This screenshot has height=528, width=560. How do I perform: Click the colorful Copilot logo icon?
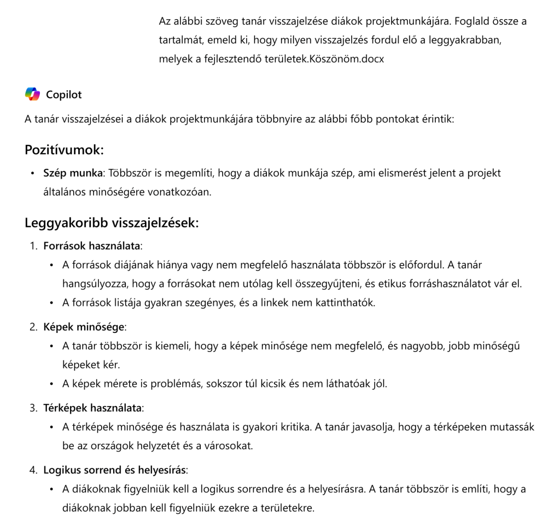33,94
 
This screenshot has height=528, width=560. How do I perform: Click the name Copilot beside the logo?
63,95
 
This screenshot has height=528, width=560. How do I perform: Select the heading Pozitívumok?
64,149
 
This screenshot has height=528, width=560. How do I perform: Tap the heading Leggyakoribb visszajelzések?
111,223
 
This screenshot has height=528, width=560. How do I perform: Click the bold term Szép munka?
73,173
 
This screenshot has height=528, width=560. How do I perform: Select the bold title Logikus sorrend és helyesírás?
114,470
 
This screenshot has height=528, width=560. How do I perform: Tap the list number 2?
33,327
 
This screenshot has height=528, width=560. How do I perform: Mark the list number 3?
33,408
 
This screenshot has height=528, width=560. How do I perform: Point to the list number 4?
33,470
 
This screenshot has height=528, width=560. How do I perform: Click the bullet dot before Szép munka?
33,173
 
